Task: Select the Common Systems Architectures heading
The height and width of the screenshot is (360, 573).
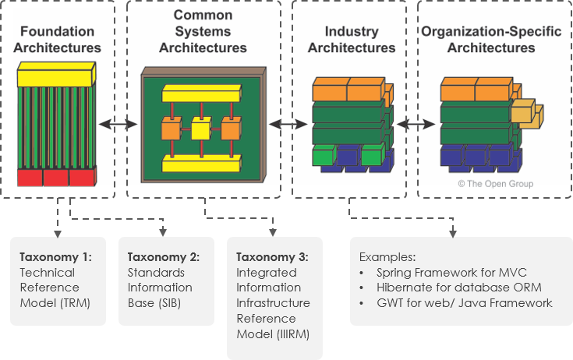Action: point(203,32)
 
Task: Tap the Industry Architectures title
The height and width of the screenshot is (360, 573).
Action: point(351,40)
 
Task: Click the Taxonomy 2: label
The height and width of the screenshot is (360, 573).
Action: point(164,257)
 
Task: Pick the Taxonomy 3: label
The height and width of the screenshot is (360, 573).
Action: point(273,257)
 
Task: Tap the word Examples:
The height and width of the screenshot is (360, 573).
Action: point(387,257)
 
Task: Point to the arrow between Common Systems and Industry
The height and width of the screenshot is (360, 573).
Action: point(288,124)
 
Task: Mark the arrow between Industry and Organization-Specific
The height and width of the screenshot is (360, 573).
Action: point(416,124)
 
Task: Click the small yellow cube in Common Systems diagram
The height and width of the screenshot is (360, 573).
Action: point(200,128)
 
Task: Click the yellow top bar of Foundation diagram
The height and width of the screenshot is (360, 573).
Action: point(55,76)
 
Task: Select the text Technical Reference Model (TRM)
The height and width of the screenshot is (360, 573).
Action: point(53,288)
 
